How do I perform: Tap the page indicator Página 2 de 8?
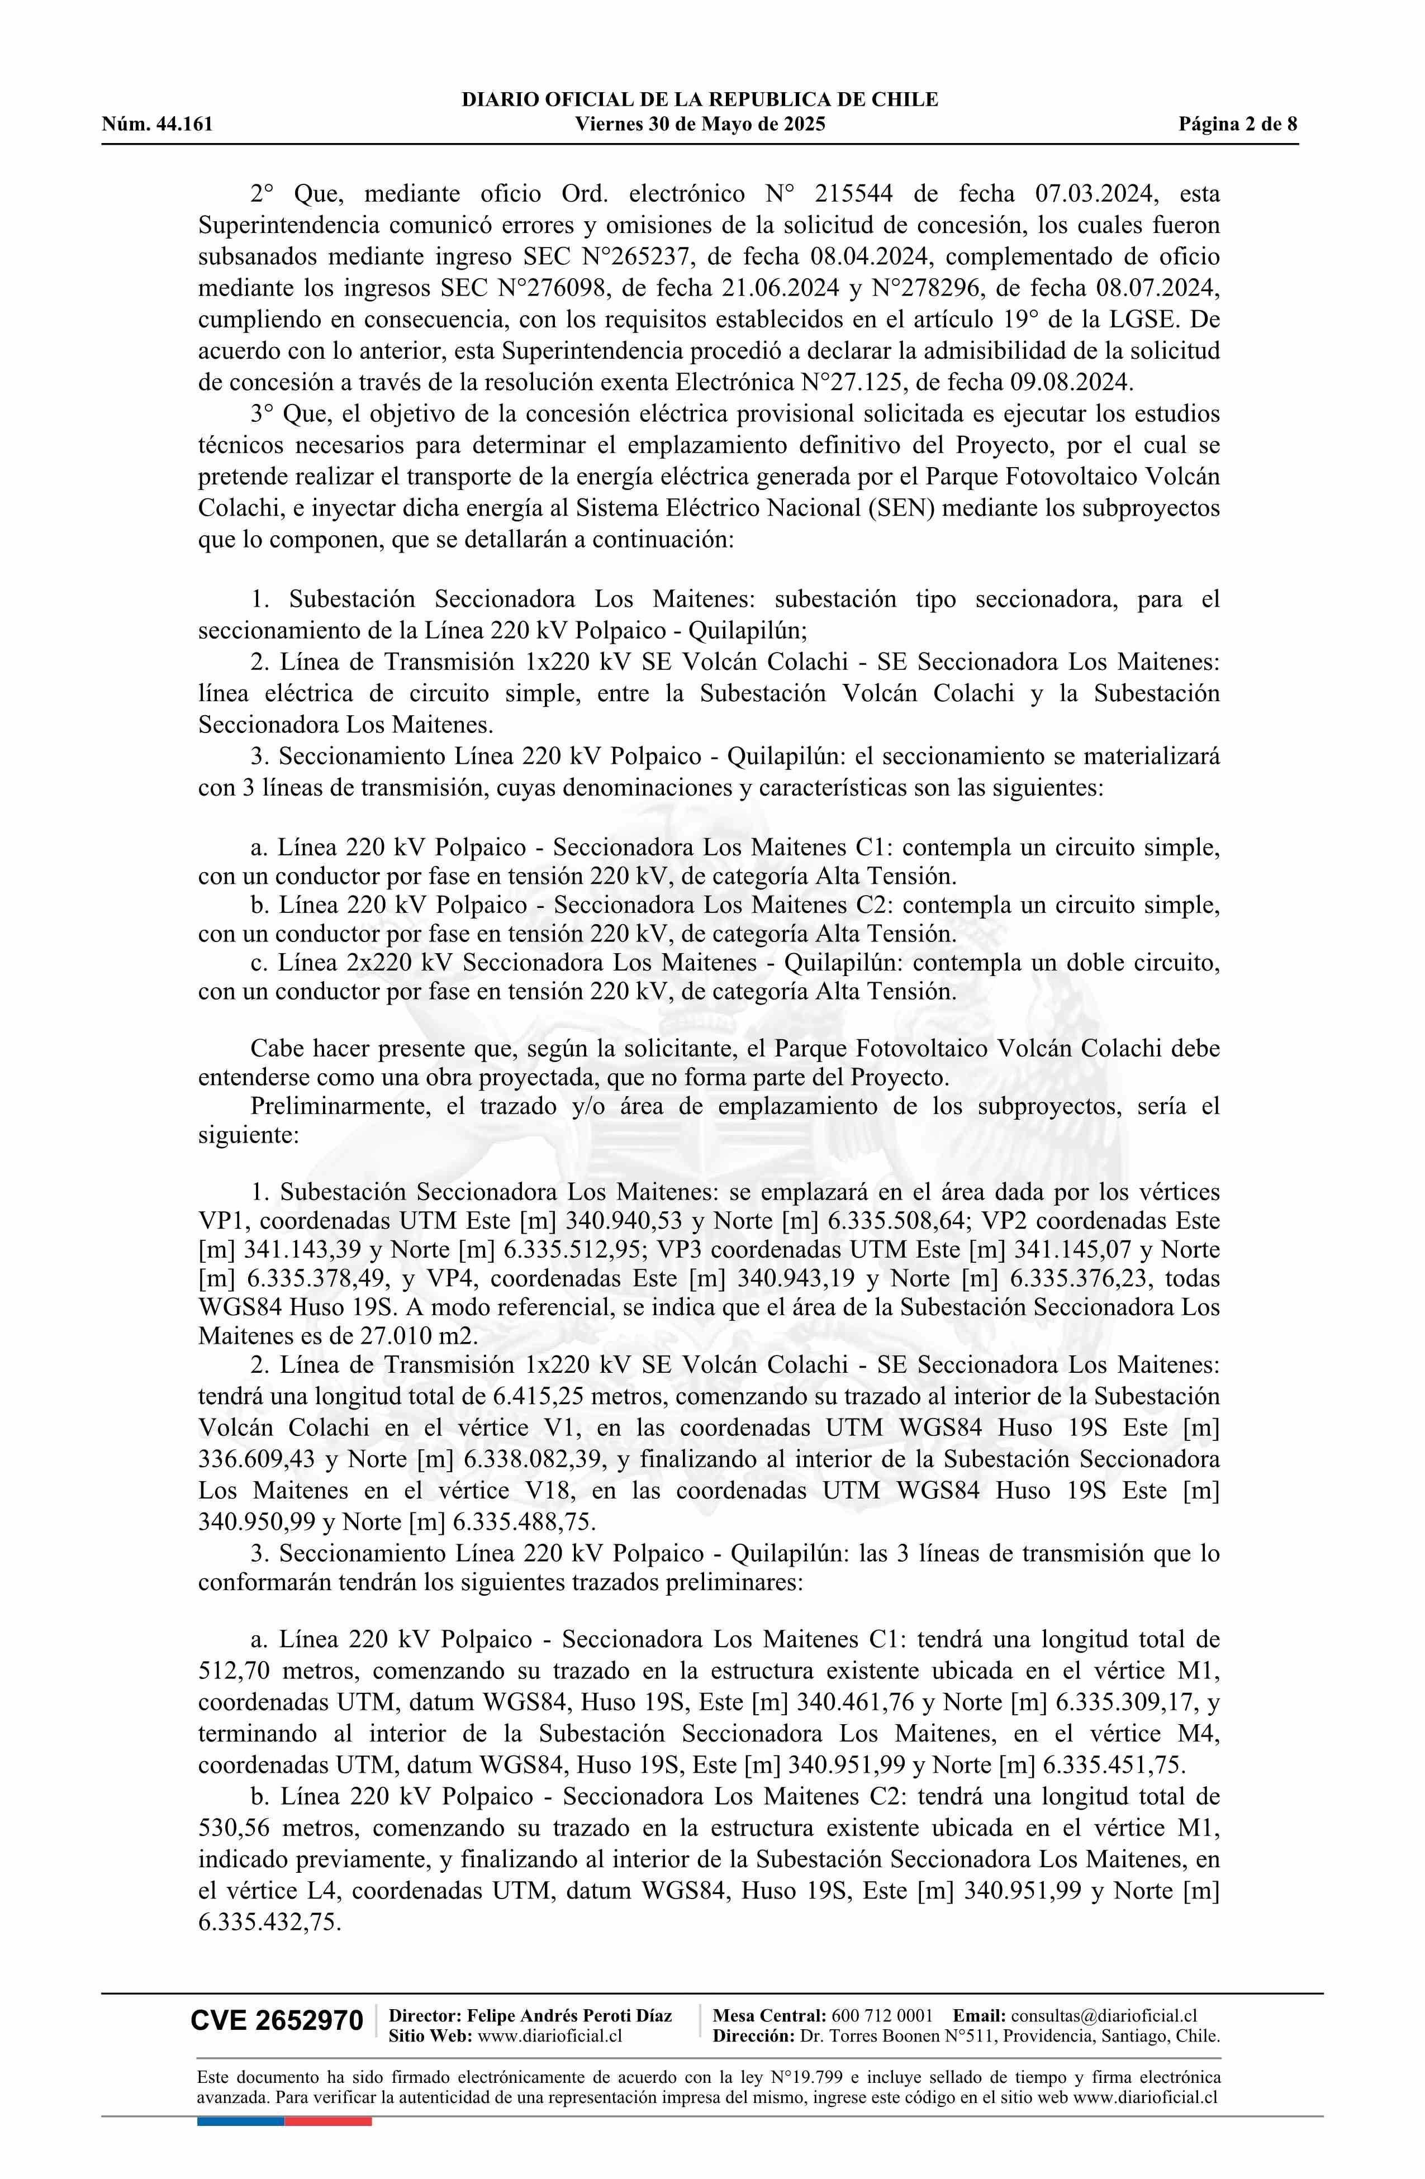click(1238, 125)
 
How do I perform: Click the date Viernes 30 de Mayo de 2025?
click(700, 125)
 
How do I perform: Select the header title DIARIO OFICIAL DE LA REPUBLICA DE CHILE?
click(700, 100)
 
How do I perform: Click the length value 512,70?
click(232, 1671)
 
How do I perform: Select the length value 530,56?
click(232, 1828)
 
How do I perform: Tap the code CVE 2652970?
click(277, 2021)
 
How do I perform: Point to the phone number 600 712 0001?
click(882, 2015)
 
